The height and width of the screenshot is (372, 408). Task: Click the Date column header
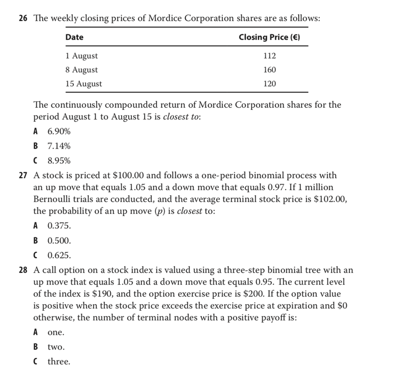pyautogui.click(x=74, y=37)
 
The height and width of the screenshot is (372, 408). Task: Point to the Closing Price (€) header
pyautogui.click(x=269, y=37)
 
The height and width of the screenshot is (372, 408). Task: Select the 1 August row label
pyautogui.click(x=81, y=56)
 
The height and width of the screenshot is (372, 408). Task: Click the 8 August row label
pyautogui.click(x=81, y=70)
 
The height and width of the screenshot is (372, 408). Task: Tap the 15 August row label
pyautogui.click(x=83, y=84)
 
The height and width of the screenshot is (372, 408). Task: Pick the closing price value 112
pyautogui.click(x=270, y=56)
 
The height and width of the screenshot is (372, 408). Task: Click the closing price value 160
pyautogui.click(x=270, y=70)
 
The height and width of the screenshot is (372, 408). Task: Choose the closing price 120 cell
pyautogui.click(x=270, y=84)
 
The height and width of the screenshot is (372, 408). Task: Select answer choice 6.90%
pyautogui.click(x=59, y=131)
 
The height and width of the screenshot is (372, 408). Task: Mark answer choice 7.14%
pyautogui.click(x=59, y=146)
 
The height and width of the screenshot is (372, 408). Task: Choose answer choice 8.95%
pyautogui.click(x=59, y=161)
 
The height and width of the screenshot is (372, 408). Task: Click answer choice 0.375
pyautogui.click(x=59, y=225)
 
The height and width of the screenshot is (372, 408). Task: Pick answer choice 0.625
pyautogui.click(x=59, y=255)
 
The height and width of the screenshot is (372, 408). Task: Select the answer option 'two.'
pyautogui.click(x=56, y=347)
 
